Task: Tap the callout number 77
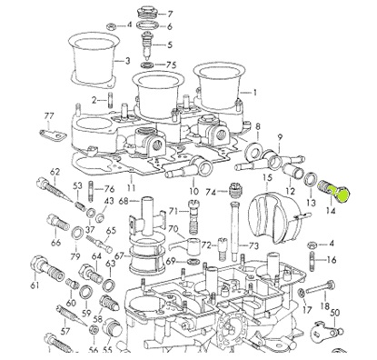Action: (49, 115)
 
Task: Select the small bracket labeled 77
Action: (54, 135)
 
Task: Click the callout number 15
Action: (267, 177)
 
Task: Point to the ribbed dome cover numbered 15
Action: (274, 216)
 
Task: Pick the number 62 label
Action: (55, 172)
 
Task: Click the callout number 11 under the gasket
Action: (131, 188)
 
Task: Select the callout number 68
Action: (124, 201)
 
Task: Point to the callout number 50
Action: (335, 313)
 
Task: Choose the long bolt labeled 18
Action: (320, 287)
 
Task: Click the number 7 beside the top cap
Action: (170, 14)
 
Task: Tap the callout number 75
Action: (171, 65)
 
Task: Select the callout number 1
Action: (254, 92)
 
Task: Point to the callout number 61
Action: (35, 285)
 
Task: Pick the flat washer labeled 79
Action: (77, 233)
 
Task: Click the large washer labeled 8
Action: (252, 150)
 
